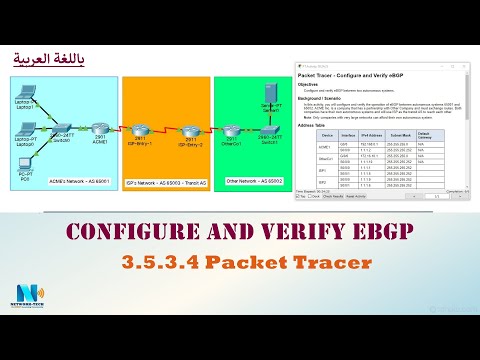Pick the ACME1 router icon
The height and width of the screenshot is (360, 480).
[x=98, y=130]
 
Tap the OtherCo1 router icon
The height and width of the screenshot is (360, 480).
[x=231, y=130]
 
